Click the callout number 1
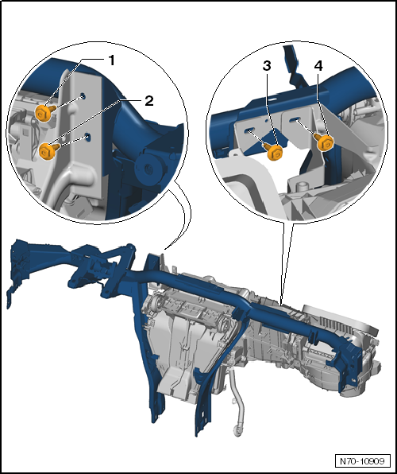pos(111,60)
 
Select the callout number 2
pos(148,101)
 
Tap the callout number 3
pos(267,66)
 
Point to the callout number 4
pos(318,65)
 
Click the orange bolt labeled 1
pos(44,112)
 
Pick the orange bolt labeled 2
pos(48,150)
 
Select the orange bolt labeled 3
pos(274,151)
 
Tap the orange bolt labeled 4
pos(324,142)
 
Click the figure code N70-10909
pos(362,461)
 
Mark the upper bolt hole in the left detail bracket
pos(83,96)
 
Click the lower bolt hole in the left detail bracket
pos(88,137)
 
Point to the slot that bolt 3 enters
pos(249,130)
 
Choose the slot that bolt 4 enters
pos(293,120)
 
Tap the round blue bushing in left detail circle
pos(148,169)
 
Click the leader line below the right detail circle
pos(286,263)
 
